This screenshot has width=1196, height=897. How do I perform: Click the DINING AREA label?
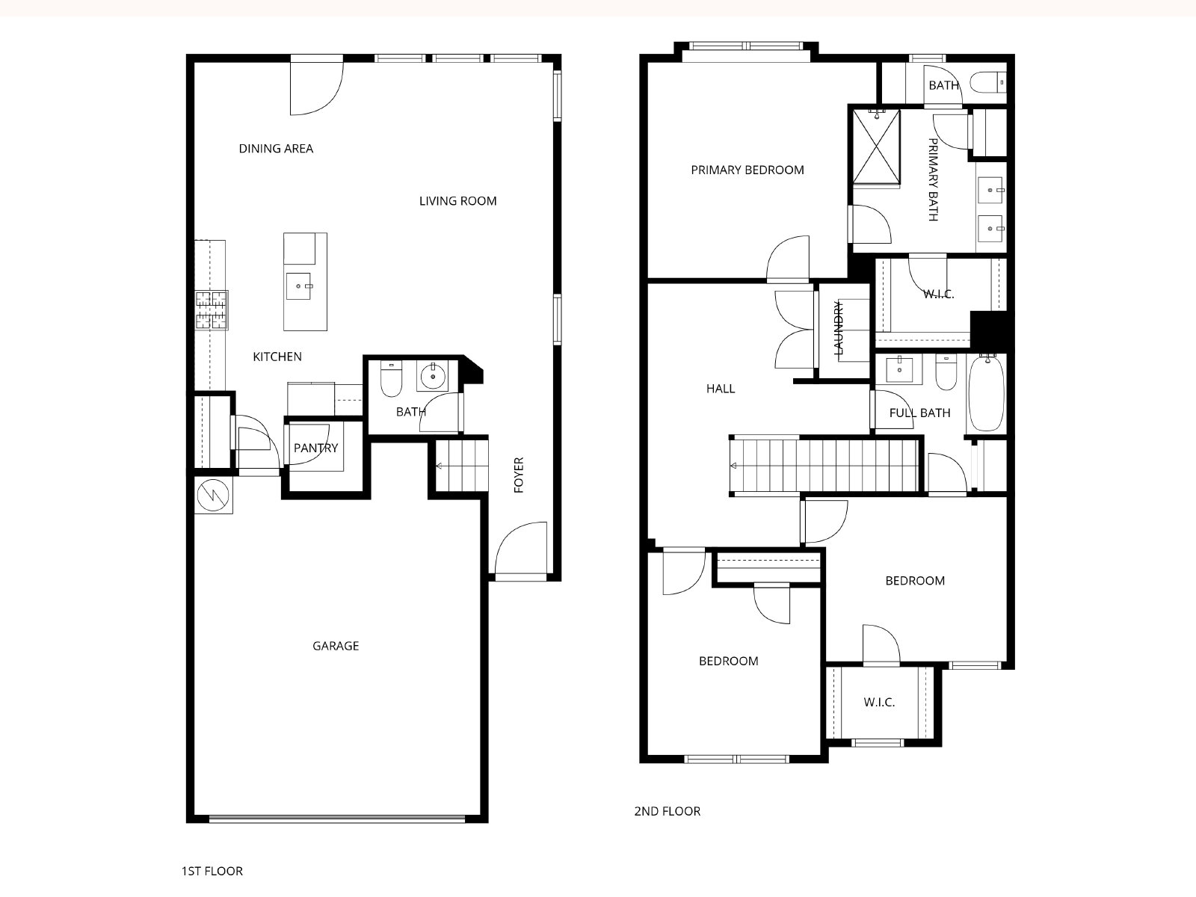[x=276, y=149]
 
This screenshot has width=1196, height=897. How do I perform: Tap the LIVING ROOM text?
[x=457, y=201]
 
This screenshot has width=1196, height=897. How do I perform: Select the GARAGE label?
[x=336, y=646]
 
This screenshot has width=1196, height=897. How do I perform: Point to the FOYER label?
[x=519, y=475]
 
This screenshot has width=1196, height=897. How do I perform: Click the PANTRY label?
[x=316, y=449]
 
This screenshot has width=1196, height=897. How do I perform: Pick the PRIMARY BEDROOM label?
[x=747, y=170]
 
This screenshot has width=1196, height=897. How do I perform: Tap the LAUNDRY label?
[x=839, y=328]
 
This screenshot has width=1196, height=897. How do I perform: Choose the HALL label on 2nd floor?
[x=721, y=389]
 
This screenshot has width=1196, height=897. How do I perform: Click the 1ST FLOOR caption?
[x=212, y=872]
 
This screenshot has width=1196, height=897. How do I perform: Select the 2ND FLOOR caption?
[x=668, y=812]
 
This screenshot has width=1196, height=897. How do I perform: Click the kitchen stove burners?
[x=212, y=310]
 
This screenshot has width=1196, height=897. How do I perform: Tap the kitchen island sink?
[x=298, y=286]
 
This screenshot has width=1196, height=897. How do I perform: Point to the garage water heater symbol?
[x=214, y=495]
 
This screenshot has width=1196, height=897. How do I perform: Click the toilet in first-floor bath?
[x=391, y=378]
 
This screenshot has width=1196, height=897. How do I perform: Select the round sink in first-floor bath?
[x=433, y=376]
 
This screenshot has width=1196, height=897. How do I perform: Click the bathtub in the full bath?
[x=987, y=393]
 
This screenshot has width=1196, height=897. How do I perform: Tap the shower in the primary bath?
[x=876, y=146]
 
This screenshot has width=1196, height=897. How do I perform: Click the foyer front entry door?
[x=521, y=552]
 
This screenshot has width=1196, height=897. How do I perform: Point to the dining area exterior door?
[x=316, y=85]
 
